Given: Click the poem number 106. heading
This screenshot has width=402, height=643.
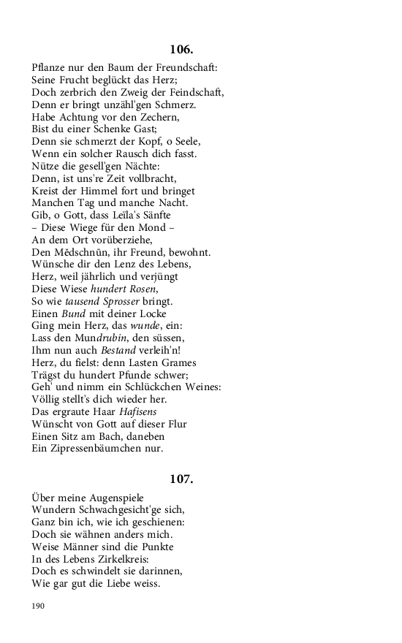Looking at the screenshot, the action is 181,50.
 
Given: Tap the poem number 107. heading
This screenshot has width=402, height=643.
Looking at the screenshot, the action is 181,479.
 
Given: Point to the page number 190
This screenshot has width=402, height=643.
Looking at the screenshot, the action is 39,606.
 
